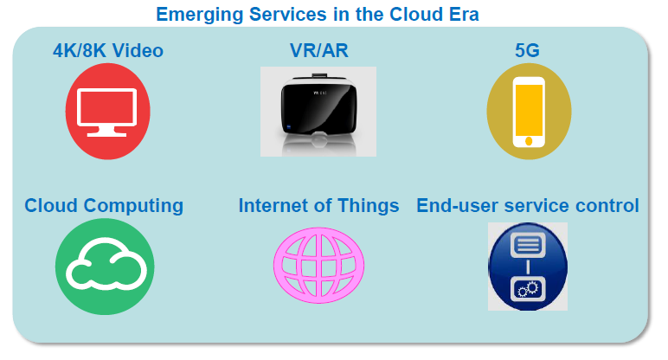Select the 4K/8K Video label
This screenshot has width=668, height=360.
tap(108, 50)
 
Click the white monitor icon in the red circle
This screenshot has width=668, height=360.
tap(107, 112)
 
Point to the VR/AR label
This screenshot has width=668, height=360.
tap(319, 50)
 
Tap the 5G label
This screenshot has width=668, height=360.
tap(528, 50)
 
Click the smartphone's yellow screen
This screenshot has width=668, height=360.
tap(529, 110)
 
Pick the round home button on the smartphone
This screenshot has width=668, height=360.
tap(529, 141)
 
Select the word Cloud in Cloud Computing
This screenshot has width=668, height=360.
tap(51, 205)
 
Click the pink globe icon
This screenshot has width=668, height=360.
tap(318, 265)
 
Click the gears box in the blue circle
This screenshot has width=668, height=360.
tap(528, 289)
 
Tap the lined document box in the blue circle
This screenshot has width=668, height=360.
tap(528, 245)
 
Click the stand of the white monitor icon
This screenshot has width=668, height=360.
tap(107, 132)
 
